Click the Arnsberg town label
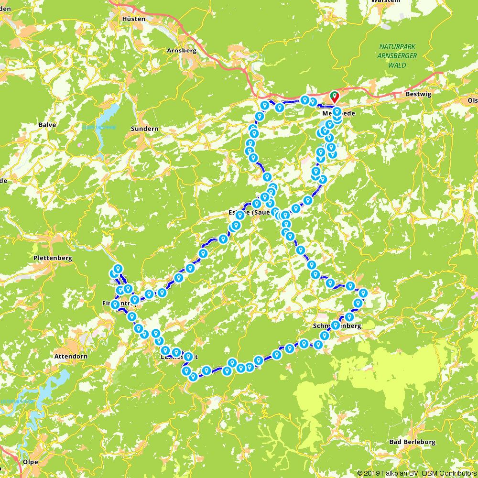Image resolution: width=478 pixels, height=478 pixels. pyautogui.click(x=182, y=50)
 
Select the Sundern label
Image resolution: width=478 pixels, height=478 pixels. pyautogui.click(x=145, y=129)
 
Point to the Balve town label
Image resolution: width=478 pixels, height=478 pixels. pyautogui.click(x=47, y=125)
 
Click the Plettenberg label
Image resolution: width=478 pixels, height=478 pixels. pyautogui.click(x=53, y=258)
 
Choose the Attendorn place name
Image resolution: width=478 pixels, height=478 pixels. pyautogui.click(x=69, y=356)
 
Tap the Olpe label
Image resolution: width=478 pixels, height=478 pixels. pyautogui.click(x=30, y=462)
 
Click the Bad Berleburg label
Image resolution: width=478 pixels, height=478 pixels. pyautogui.click(x=413, y=442)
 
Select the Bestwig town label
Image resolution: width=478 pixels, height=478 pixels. pyautogui.click(x=418, y=94)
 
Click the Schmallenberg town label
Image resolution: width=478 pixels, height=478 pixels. pyautogui.click(x=337, y=326)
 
